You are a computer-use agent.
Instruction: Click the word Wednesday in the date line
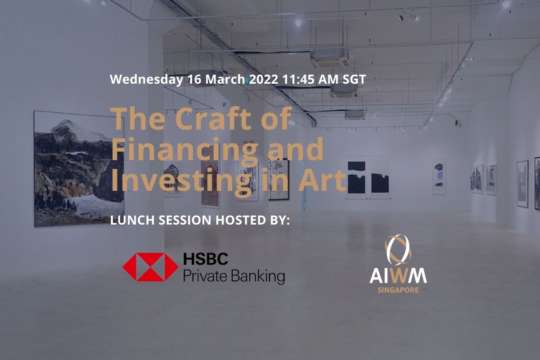click(146, 79)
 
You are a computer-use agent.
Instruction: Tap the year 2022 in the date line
click(264, 79)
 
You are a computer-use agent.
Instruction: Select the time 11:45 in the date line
click(298, 79)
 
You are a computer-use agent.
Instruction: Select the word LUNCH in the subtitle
click(132, 220)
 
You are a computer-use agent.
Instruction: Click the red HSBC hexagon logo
click(150, 267)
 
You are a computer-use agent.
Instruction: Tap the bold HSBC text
click(206, 258)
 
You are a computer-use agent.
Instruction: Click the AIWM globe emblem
click(398, 250)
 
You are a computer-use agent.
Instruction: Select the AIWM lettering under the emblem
click(398, 276)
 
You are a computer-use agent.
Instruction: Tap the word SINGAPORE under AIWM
click(398, 290)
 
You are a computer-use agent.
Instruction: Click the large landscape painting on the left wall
click(79, 169)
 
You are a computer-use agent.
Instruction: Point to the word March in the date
click(225, 79)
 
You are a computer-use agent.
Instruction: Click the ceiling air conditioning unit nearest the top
click(329, 58)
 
